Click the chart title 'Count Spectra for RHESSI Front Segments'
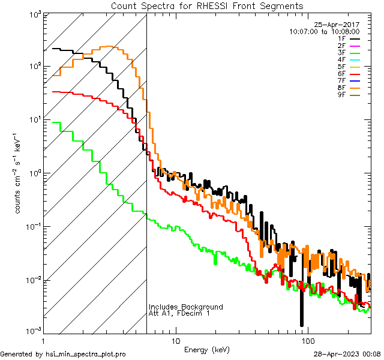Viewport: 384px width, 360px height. pos(207,6)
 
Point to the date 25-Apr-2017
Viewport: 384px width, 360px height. pos(337,25)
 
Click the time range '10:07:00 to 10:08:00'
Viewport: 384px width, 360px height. pos(324,31)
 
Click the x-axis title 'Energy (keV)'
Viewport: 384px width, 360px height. pos(207,350)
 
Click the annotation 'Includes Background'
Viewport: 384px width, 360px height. pos(186,307)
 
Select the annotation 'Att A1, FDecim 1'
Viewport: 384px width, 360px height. pos(179,314)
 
